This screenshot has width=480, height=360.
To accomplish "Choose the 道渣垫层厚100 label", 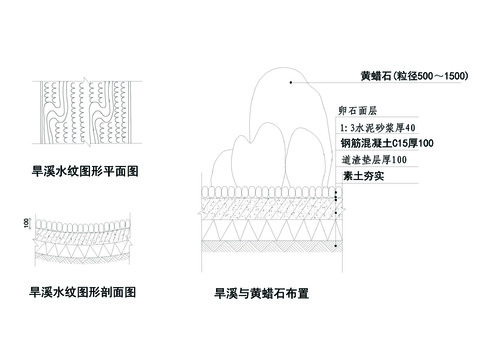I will tap(371, 160).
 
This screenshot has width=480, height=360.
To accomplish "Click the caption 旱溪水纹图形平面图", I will tap(85, 172).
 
